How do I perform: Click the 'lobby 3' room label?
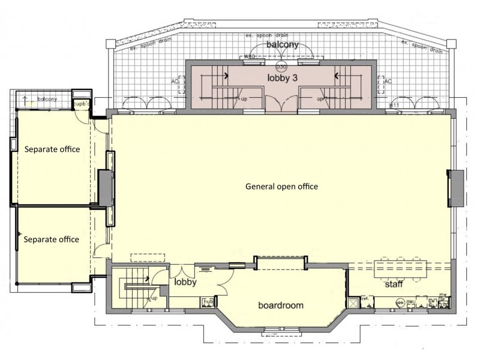click(282, 77)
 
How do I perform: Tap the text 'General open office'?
click(281, 187)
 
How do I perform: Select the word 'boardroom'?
click(281, 305)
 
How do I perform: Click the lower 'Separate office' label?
click(51, 239)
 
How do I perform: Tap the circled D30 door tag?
click(281, 67)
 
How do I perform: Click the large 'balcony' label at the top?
click(282, 45)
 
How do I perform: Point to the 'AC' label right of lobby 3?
click(388, 81)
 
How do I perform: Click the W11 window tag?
click(394, 106)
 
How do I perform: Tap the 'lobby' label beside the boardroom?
click(186, 281)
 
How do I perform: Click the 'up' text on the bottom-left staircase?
click(154, 298)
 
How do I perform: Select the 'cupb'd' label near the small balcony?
click(81, 104)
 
